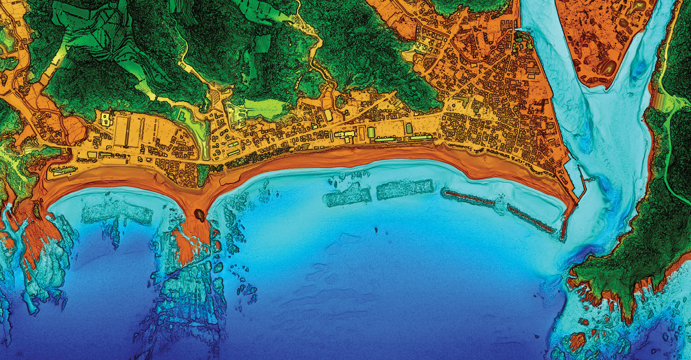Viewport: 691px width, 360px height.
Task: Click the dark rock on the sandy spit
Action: point(200,215)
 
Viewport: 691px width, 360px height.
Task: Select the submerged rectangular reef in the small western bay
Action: point(117,215)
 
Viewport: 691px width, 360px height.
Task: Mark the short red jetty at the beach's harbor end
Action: point(563,226)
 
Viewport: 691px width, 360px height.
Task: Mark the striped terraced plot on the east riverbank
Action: point(661,100)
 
